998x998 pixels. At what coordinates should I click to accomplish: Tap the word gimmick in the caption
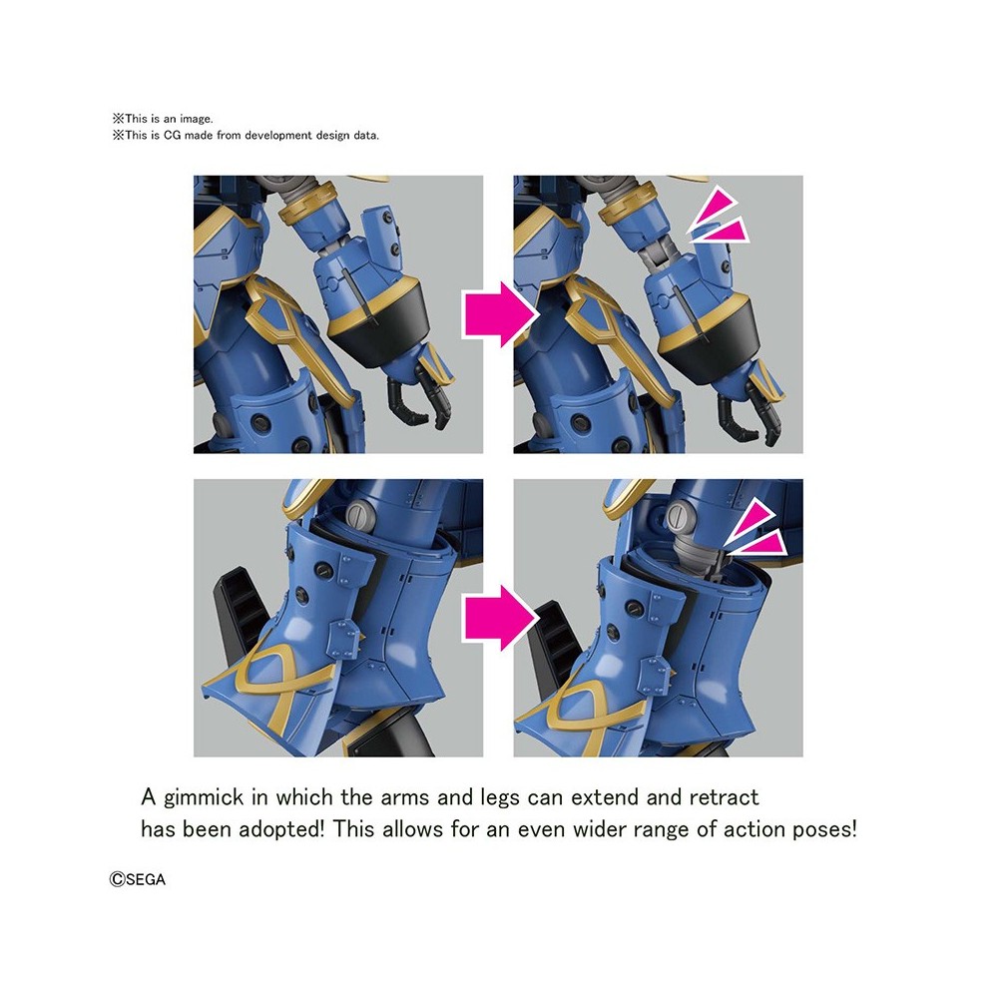208,798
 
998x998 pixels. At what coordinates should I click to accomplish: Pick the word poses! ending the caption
822,830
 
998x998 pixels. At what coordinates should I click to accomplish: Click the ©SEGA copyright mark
138,880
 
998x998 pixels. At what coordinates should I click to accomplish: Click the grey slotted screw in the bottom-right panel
679,518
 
